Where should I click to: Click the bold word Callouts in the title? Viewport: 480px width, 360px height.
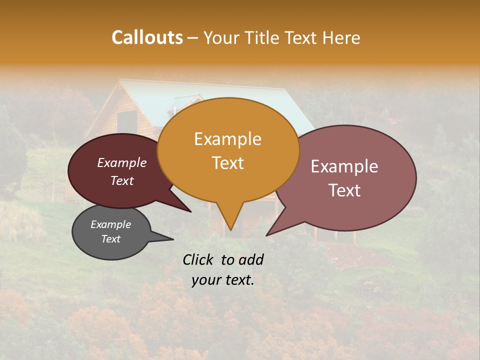[x=147, y=37]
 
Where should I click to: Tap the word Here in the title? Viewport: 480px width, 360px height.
[x=341, y=38]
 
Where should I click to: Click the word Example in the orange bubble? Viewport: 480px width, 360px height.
[x=227, y=139]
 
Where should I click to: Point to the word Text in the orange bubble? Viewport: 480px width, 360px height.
[x=227, y=162]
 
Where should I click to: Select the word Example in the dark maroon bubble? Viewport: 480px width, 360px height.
[x=122, y=162]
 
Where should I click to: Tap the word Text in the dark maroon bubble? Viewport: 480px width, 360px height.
[x=122, y=180]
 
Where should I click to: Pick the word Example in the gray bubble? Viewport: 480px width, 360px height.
[x=110, y=224]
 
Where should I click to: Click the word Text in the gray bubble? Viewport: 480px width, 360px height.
[x=110, y=239]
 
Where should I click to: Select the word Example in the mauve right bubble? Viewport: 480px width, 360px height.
[x=344, y=166]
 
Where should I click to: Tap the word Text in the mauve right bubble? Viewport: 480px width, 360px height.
[x=344, y=190]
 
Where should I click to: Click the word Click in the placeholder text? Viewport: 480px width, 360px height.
[x=199, y=259]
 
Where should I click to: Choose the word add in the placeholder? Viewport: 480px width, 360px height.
[x=250, y=259]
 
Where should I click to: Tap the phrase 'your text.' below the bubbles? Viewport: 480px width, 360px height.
[x=223, y=280]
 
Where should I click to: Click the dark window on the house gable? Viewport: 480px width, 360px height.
[x=127, y=122]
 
